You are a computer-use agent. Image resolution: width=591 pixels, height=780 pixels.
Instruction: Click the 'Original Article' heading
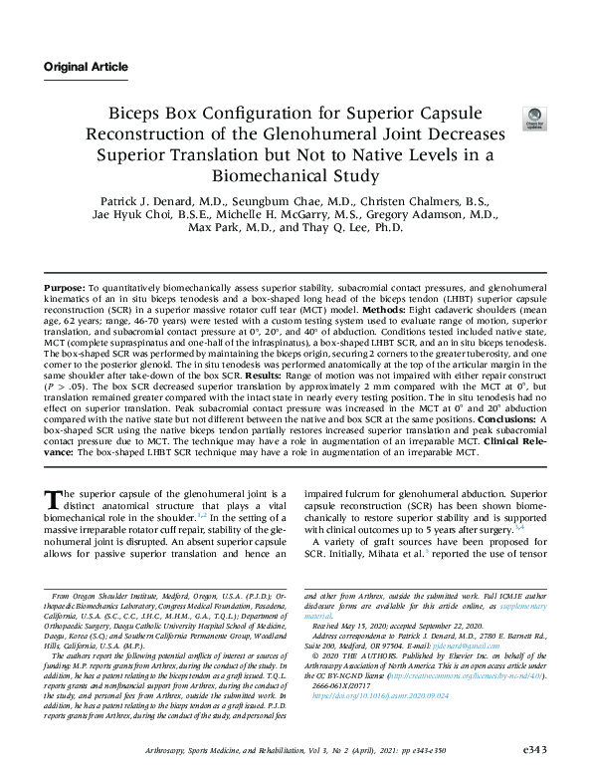(x=86, y=67)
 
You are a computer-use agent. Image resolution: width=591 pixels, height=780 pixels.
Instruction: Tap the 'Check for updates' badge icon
(x=533, y=120)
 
